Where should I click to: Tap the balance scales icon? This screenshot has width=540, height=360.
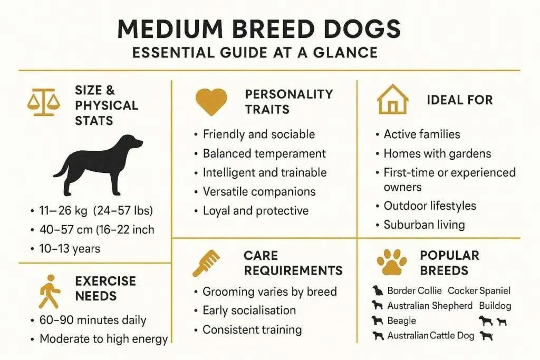pyautogui.click(x=40, y=102)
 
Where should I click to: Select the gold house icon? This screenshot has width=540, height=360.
pyautogui.click(x=393, y=100)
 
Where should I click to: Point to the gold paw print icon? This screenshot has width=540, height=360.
pyautogui.click(x=392, y=262)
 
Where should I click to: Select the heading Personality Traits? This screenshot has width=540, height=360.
pyautogui.click(x=289, y=102)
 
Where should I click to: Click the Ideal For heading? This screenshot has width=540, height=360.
pyautogui.click(x=459, y=100)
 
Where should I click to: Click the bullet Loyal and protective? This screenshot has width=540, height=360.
pyautogui.click(x=255, y=211)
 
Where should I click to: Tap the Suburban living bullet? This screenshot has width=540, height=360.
pyautogui.click(x=424, y=225)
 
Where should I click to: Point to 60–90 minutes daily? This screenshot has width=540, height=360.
pyautogui.click(x=93, y=320)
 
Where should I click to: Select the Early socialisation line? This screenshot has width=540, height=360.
pyautogui.click(x=249, y=310)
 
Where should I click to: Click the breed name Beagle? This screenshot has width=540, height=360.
pyautogui.click(x=401, y=320)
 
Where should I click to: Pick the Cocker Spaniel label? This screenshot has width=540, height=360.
pyautogui.click(x=479, y=290)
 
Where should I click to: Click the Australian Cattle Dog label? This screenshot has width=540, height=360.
pyautogui.click(x=431, y=335)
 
